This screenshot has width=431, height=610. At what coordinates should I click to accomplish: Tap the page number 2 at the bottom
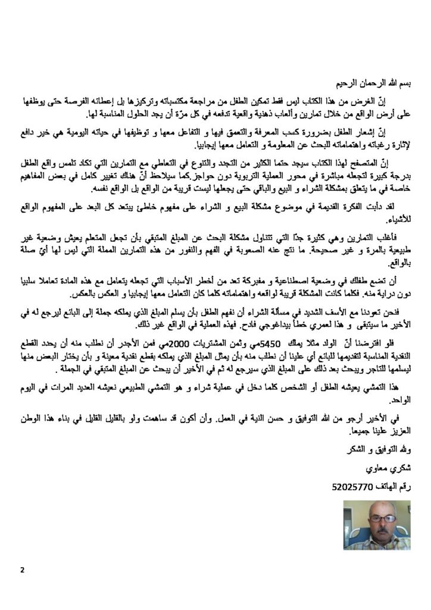coord(22,570)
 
